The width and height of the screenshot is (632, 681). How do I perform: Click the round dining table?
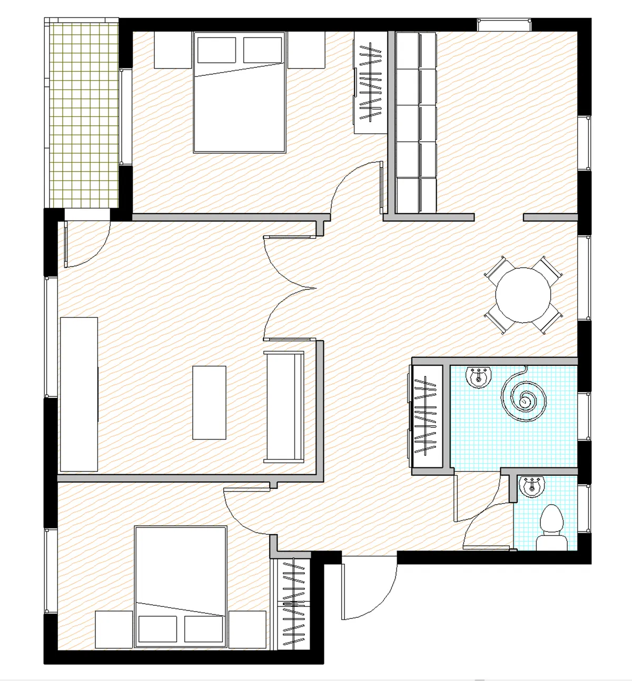(x=523, y=295)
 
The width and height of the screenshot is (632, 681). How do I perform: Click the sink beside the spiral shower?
(x=478, y=377)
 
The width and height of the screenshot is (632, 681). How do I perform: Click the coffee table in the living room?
(x=209, y=403)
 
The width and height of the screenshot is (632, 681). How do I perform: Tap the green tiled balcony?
(x=83, y=113)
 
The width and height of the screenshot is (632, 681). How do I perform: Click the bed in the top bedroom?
(x=240, y=100)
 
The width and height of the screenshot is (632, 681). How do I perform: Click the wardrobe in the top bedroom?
(x=370, y=82)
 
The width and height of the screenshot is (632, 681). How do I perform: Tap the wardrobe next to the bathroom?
(x=427, y=416)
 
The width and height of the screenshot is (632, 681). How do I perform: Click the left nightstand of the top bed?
(x=172, y=50)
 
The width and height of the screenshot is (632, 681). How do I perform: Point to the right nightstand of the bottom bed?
(x=247, y=629)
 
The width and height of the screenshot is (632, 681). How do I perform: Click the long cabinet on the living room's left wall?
(x=79, y=394)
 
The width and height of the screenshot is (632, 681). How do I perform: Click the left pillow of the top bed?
(x=216, y=50)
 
